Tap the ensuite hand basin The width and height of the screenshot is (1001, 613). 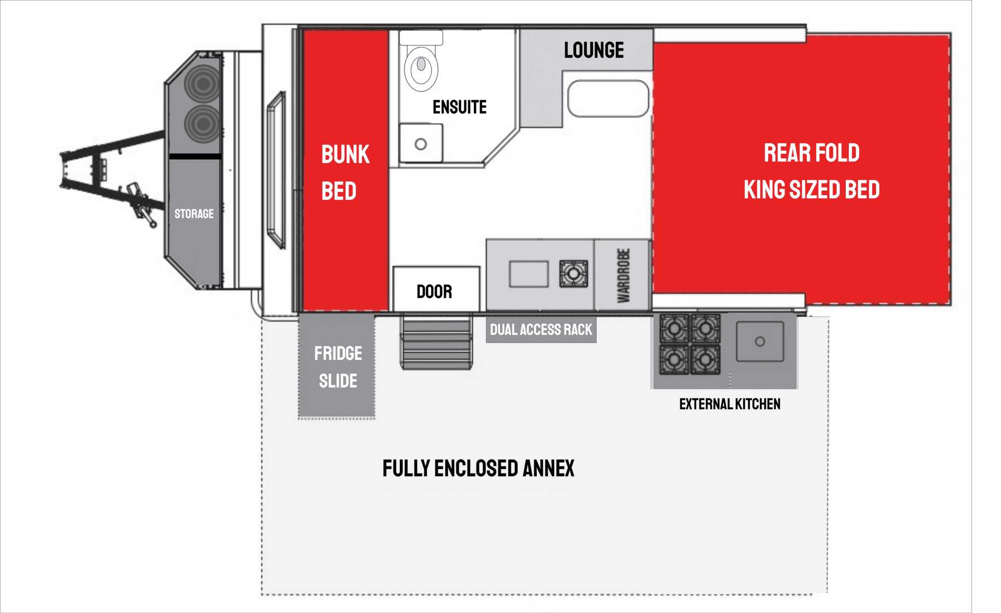(x=421, y=143)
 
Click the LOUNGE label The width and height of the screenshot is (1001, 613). (x=593, y=50)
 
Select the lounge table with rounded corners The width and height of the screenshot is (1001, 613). (x=608, y=99)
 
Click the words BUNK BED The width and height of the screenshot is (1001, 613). (x=345, y=173)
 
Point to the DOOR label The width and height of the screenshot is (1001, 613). (x=434, y=292)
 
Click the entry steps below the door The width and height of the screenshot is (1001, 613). (x=436, y=342)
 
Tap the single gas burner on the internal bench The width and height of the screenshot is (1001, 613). (x=574, y=274)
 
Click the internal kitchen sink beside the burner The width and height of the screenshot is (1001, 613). (x=529, y=274)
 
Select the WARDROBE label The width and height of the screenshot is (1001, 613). (x=624, y=275)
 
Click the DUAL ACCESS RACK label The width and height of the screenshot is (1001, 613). (x=541, y=329)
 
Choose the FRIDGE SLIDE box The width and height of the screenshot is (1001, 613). (x=337, y=366)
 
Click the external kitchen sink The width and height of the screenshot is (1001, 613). (x=760, y=341)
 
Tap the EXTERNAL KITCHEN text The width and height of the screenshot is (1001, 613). (x=729, y=404)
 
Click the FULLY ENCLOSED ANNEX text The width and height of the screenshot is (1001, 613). (x=478, y=468)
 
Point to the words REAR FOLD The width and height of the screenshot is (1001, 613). (x=812, y=153)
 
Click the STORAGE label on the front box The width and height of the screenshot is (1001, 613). (x=194, y=214)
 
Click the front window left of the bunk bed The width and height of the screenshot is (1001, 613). (x=276, y=170)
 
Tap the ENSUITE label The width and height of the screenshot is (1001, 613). (x=460, y=107)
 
